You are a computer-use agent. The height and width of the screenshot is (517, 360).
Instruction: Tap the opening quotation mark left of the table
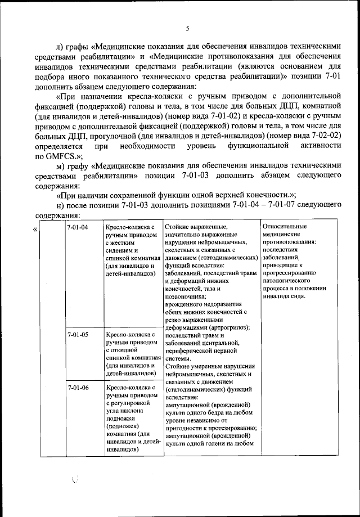pos(36,229)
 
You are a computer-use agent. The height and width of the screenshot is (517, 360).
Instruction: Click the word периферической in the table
pos(192,350)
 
